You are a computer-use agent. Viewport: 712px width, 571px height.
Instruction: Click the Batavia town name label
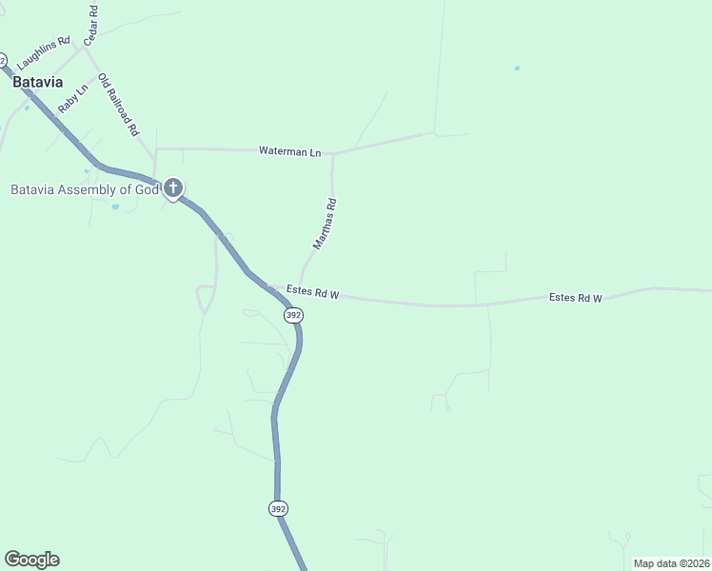point(38,82)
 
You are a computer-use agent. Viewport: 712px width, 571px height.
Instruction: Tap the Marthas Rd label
point(326,224)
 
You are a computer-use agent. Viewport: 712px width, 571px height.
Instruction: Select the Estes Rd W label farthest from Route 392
point(576,298)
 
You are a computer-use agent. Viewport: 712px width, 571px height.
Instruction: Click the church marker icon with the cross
point(172,188)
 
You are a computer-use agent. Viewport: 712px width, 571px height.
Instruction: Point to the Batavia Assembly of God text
point(84,189)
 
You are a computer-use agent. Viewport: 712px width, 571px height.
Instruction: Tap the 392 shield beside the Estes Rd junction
point(293,315)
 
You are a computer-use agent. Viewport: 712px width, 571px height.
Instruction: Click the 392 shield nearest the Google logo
point(277,509)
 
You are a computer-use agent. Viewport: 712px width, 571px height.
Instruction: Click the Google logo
point(31,560)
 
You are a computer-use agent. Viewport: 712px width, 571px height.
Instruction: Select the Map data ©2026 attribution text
point(671,563)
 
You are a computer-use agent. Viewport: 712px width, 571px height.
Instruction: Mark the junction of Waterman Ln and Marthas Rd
point(332,153)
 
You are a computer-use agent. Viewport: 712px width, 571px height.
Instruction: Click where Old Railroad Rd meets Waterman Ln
point(155,149)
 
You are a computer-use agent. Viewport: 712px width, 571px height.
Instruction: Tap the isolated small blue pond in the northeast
point(517,69)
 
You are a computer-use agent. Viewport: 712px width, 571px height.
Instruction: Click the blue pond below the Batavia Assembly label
point(115,206)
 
